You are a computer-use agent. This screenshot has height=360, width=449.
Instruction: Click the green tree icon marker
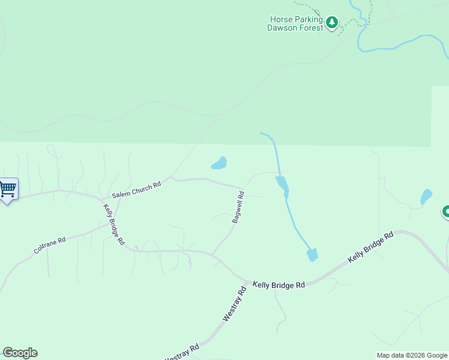coord(332,23)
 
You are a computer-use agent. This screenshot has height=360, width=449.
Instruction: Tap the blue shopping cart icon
coord(7,190)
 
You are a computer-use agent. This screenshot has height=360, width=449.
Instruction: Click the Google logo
coord(20,353)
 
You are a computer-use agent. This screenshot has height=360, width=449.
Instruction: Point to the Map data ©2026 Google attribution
coord(411,355)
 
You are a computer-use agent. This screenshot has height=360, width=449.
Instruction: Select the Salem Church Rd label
coord(136,190)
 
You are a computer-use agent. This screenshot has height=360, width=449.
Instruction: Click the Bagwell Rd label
coord(238,207)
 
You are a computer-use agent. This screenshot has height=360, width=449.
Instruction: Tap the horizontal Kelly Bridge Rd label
coord(279,285)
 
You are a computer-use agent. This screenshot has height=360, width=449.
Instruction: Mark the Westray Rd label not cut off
coord(234,304)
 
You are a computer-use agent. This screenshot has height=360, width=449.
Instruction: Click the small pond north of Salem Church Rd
coord(218,163)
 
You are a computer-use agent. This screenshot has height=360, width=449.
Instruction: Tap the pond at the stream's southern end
coord(312,254)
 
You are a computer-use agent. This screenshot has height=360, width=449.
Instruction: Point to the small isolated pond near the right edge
coord(426,196)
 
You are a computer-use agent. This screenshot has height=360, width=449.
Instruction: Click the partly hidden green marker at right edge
coord(446,212)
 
